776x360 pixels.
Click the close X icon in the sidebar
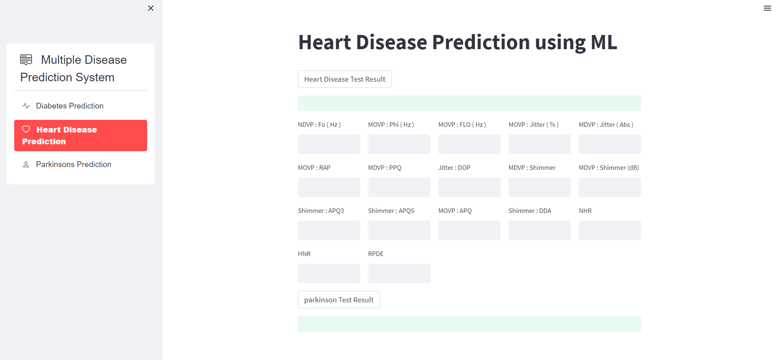click(x=151, y=8)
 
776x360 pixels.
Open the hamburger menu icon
click(x=767, y=8)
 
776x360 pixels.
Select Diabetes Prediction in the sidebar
click(x=70, y=106)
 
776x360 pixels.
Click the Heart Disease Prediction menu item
click(x=80, y=135)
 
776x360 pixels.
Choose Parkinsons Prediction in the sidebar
click(x=73, y=165)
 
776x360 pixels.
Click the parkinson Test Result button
click(x=339, y=300)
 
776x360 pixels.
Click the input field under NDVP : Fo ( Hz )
click(x=329, y=144)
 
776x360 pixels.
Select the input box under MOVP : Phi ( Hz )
click(x=399, y=144)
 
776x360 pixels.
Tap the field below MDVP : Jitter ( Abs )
click(x=610, y=144)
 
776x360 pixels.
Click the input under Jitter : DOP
click(x=469, y=187)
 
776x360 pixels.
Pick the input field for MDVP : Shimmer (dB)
click(x=610, y=187)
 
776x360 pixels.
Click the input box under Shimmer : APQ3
click(x=329, y=230)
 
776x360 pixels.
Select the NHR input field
click(x=610, y=230)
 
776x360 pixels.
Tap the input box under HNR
click(x=329, y=273)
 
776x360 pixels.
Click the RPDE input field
click(x=399, y=273)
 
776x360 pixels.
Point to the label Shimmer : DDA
click(x=530, y=211)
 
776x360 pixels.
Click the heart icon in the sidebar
click(x=26, y=129)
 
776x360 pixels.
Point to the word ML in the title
click(x=604, y=42)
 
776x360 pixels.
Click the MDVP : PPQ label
click(x=385, y=168)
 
